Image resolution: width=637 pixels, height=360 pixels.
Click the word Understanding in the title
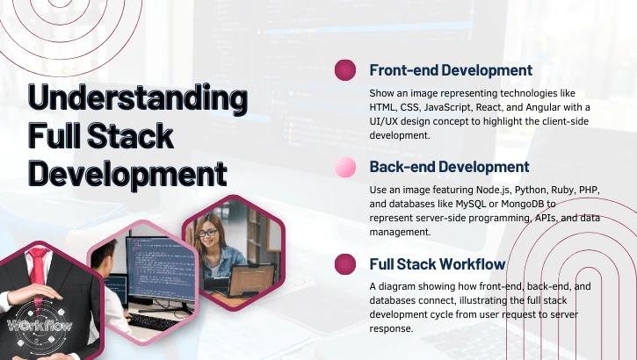(x=137, y=98)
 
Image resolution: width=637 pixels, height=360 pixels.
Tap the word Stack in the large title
(x=135, y=135)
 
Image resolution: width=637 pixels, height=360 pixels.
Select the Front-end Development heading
(x=450, y=70)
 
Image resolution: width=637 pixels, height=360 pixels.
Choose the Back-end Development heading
(x=449, y=167)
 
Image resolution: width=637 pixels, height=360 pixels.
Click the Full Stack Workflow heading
(x=437, y=263)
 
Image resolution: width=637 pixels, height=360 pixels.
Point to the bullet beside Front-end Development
(x=345, y=70)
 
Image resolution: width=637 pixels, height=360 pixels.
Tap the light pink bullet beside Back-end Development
(x=345, y=167)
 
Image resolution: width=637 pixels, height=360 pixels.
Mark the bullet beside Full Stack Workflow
(x=345, y=263)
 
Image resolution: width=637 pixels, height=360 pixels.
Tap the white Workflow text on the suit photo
(x=39, y=326)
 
